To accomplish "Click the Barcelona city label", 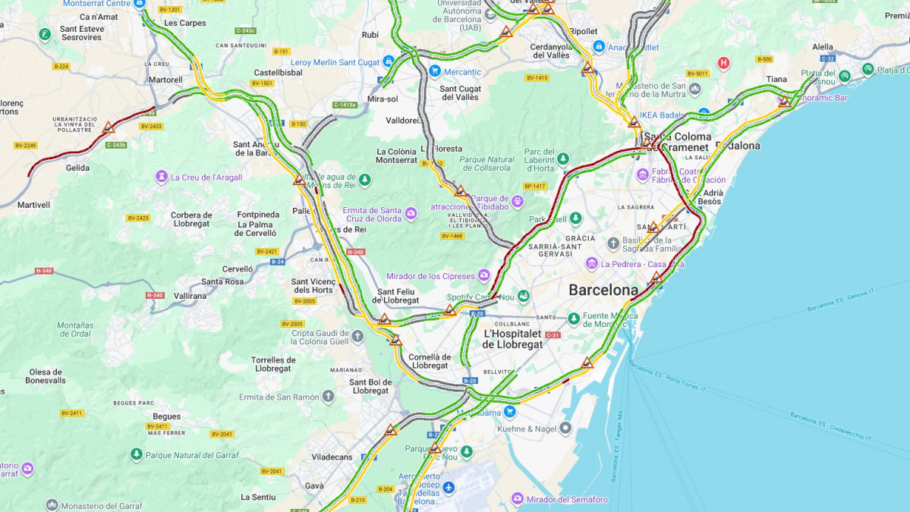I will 603,290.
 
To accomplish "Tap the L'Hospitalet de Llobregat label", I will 513,338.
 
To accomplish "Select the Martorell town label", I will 165,80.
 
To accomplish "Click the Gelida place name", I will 77,168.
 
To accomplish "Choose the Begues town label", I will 166,416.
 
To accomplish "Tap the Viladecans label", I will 332,457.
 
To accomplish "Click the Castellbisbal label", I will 279,73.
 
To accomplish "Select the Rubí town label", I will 370,35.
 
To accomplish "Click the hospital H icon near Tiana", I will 723,63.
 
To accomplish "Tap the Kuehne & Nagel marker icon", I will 565,429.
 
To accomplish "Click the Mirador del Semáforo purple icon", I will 518,498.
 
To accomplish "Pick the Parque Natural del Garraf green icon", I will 136,454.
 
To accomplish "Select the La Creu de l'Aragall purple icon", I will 162,177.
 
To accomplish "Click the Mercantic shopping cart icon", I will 434,71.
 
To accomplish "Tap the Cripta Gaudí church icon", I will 357,335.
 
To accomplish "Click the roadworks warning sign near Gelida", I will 109,127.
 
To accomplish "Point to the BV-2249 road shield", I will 25,145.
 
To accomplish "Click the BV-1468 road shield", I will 452,236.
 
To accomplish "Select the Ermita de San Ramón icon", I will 328,397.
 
